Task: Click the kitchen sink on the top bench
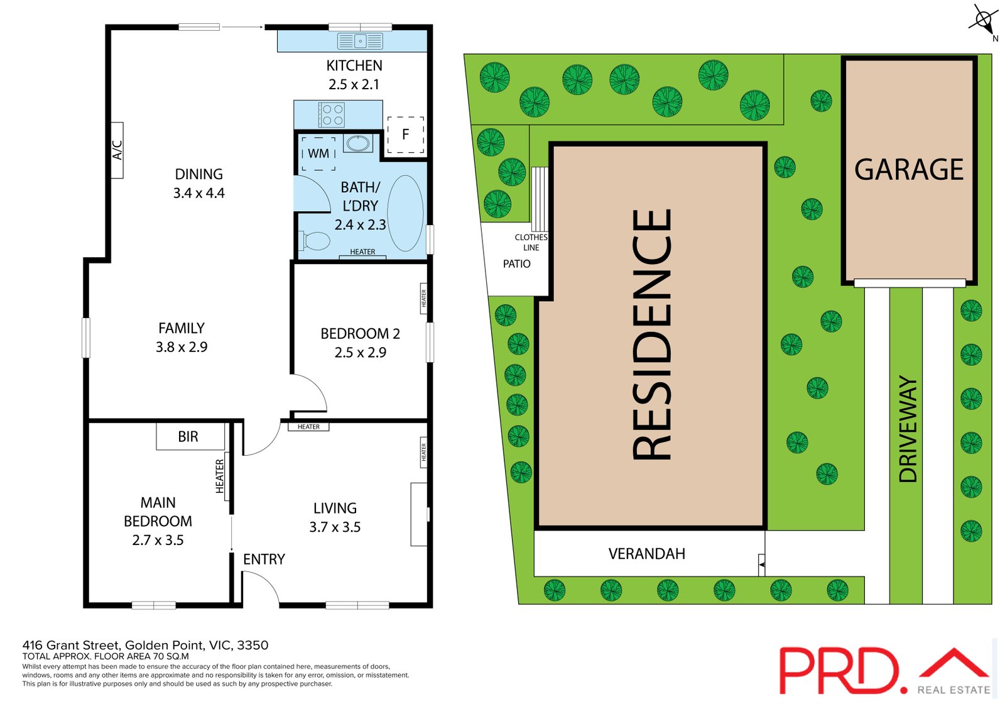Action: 360,41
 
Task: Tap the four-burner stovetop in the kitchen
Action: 331,114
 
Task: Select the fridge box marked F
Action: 406,135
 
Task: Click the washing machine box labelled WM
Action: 318,153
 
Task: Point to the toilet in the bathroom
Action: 315,241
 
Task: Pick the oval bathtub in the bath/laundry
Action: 405,213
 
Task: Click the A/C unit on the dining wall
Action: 117,150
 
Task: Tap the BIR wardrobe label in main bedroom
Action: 188,436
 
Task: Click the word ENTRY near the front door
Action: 264,559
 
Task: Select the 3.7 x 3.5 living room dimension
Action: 335,527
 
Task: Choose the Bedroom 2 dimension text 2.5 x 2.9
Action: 361,353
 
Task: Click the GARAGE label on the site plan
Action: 908,169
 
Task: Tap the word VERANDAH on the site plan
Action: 646,554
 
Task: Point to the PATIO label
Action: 516,263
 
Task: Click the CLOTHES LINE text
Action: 531,242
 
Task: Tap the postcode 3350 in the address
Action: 253,646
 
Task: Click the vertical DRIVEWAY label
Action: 908,429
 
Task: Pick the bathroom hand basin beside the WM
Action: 357,143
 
